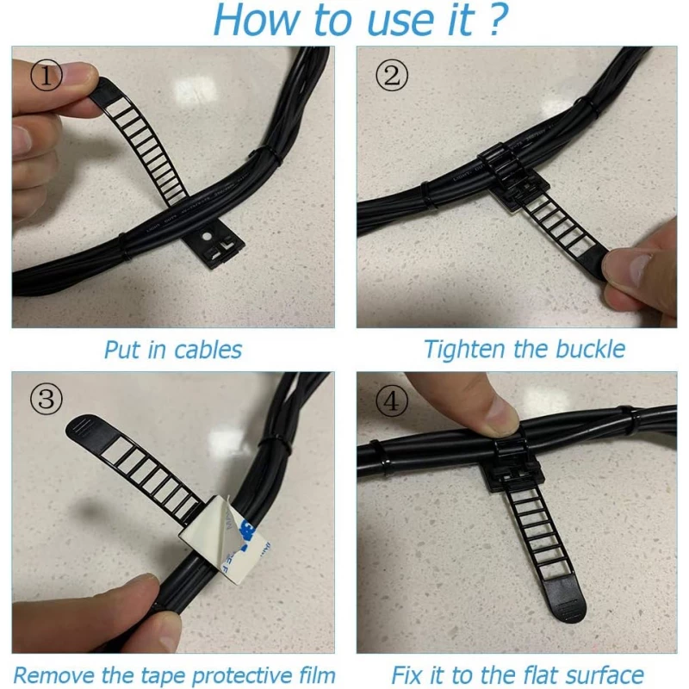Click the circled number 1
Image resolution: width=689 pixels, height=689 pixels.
point(47,75)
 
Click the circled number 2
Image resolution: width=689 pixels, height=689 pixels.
point(392,75)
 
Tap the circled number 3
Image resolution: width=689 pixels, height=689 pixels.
point(47,399)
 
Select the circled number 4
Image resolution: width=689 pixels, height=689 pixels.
point(392,400)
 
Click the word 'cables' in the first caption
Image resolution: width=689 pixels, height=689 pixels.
point(208,350)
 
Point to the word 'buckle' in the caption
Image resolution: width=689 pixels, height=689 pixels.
point(590,349)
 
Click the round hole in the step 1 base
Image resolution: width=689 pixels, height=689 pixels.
point(206,236)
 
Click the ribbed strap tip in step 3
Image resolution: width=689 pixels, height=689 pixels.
point(85,427)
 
